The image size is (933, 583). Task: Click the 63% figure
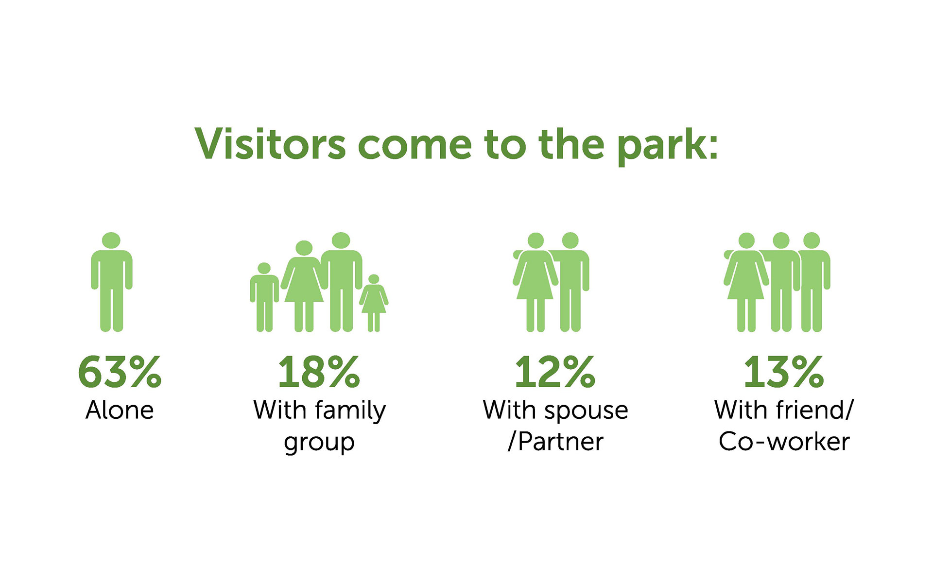tap(120, 372)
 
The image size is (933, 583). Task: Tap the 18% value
tap(319, 372)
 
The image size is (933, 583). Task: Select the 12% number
tap(554, 372)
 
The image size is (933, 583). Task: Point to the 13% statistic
tap(784, 372)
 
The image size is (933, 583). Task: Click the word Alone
tap(120, 410)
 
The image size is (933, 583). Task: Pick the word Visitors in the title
tap(270, 144)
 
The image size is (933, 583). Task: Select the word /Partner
tap(555, 441)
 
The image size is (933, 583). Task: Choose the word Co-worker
tap(784, 442)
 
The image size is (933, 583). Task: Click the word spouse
tap(586, 412)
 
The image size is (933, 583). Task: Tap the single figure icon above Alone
tap(112, 282)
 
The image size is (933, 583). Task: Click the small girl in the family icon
tap(374, 303)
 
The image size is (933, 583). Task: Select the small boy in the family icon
tap(264, 297)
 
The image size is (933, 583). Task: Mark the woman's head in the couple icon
tap(536, 240)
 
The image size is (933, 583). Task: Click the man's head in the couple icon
tap(570, 240)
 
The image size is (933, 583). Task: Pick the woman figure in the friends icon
tap(746, 282)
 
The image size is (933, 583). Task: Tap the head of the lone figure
tap(111, 240)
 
